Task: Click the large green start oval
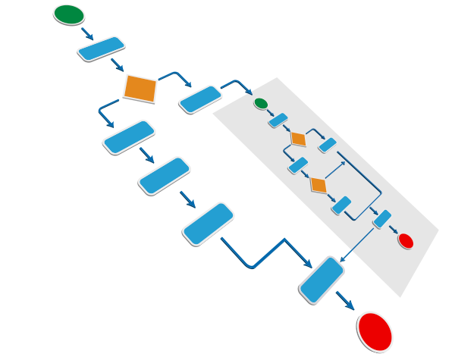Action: (69, 14)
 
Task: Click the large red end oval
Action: (375, 331)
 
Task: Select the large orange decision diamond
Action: (140, 89)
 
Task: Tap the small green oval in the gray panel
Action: (261, 103)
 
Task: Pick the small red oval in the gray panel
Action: (406, 241)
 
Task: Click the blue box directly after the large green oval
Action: (101, 49)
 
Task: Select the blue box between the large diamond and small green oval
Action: (200, 99)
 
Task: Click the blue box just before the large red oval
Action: (322, 280)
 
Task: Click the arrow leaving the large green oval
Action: (87, 33)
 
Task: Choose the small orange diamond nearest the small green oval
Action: (298, 139)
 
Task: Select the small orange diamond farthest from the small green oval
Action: (318, 186)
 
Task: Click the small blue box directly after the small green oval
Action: (278, 120)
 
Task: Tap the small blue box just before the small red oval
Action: (382, 219)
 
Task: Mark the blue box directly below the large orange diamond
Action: (129, 137)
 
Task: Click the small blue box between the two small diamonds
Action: (298, 165)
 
